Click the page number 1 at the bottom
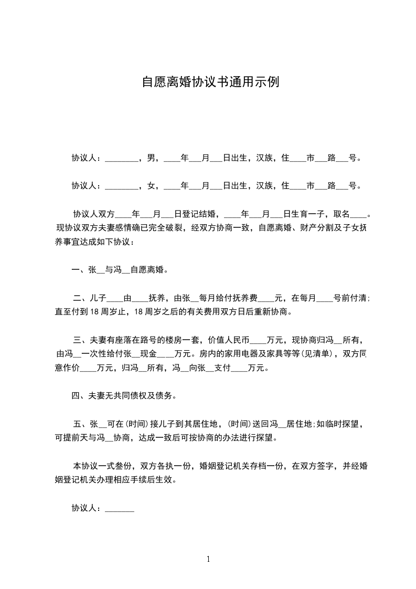pos(208,559)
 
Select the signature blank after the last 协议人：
pos(120,509)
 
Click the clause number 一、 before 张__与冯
pos(80,270)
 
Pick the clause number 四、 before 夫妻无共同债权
pos(80,395)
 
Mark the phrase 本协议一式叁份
pos(103,465)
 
